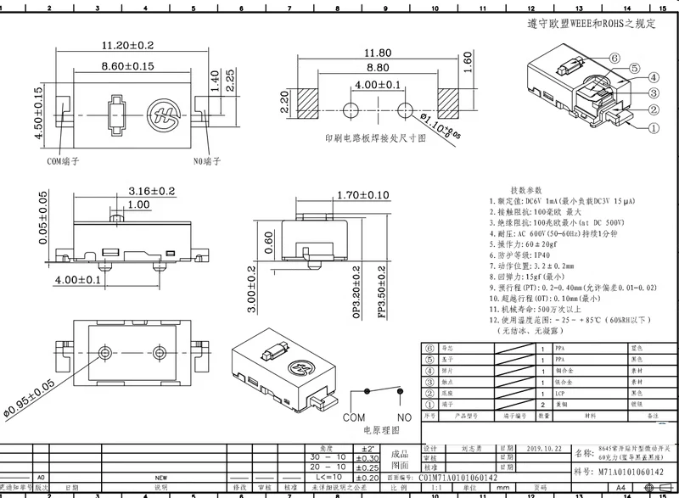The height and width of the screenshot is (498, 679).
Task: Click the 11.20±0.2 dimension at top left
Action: click(127, 45)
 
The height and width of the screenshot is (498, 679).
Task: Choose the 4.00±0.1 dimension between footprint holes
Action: click(378, 86)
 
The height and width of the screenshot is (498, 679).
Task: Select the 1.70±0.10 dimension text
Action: click(316, 195)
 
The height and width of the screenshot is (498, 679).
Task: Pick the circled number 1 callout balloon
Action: click(653, 128)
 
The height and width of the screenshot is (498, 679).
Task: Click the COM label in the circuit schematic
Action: click(354, 417)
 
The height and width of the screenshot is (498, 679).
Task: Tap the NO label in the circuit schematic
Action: click(403, 417)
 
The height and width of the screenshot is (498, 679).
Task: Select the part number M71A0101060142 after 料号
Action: click(637, 472)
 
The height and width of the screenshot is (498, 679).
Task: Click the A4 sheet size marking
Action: click(621, 488)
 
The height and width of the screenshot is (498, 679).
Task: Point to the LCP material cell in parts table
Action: click(559, 394)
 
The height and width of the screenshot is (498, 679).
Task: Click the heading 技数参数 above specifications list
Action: click(526, 189)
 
